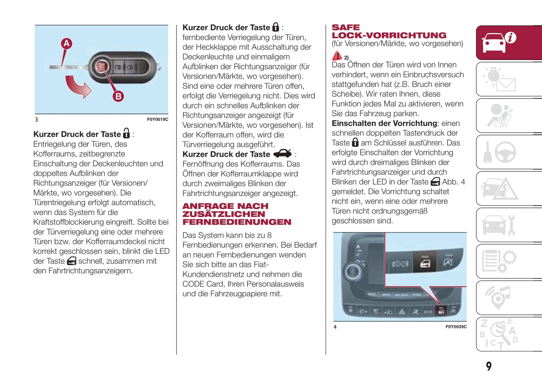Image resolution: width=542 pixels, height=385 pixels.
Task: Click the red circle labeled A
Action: point(66,44)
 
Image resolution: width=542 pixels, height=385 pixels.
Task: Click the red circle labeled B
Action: point(118,96)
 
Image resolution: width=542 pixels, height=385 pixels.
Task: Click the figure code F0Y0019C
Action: point(158,119)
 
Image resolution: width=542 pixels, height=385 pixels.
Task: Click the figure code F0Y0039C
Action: point(456,327)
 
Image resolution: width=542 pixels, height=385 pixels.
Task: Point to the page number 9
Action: point(488,366)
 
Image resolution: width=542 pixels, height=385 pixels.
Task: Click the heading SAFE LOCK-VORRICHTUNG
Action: point(389,32)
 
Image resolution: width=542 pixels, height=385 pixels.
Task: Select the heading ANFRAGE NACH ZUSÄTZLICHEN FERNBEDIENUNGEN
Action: point(236,214)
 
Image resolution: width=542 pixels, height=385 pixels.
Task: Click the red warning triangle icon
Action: point(337,56)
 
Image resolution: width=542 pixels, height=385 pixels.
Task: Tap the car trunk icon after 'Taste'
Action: point(282,154)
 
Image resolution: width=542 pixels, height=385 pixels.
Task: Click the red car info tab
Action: point(509,42)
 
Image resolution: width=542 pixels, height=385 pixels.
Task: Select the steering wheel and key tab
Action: point(509,152)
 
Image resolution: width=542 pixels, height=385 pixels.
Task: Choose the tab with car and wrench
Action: point(509,225)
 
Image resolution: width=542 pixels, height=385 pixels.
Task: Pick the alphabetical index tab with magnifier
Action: point(509,334)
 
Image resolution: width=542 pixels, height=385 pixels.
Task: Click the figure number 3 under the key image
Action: point(36,119)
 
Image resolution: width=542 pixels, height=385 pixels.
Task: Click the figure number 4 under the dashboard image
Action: point(335,327)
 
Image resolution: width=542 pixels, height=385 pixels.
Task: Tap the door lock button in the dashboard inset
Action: point(425,264)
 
